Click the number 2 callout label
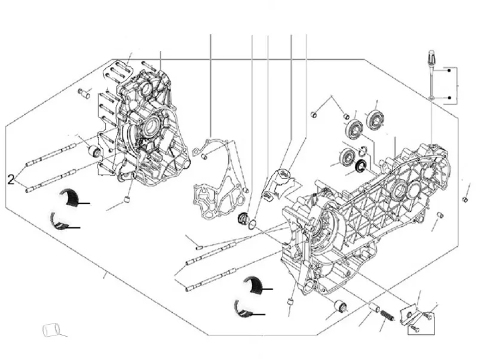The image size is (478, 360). [10, 178]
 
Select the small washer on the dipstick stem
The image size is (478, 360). [430, 97]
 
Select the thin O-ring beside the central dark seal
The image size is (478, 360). [254, 225]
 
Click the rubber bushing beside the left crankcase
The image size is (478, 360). [94, 150]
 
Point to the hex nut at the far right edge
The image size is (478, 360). [464, 199]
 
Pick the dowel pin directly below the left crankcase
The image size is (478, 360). [127, 199]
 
